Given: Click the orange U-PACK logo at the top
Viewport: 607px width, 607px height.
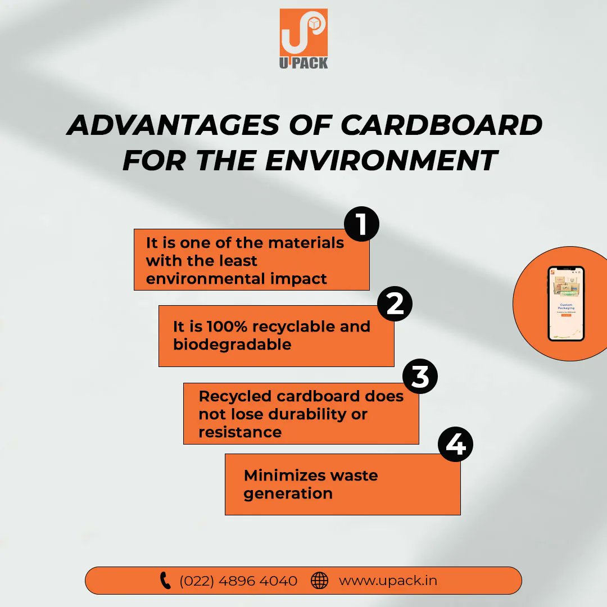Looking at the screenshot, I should coord(303,38).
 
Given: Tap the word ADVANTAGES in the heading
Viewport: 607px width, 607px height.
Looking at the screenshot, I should coord(172,125).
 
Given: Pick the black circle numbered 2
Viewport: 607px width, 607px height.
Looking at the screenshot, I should coord(395,304).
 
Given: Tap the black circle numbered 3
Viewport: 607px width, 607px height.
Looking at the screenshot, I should coord(420,377).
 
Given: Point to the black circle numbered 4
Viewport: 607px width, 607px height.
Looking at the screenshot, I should coord(455,445).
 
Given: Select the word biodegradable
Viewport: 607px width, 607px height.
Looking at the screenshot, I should coord(232,345).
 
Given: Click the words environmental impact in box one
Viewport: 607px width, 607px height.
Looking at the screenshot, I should coord(236,279).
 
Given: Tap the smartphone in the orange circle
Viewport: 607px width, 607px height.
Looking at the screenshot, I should coord(566,303).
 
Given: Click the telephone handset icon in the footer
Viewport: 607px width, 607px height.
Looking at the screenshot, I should coord(165,581).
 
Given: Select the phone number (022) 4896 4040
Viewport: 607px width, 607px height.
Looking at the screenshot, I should coord(238,581).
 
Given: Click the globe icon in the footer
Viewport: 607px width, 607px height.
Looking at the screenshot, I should coord(319,581).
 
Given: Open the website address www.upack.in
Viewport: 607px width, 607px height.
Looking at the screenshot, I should coord(388,581).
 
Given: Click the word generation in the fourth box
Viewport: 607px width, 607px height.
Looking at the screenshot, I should coord(288,494).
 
